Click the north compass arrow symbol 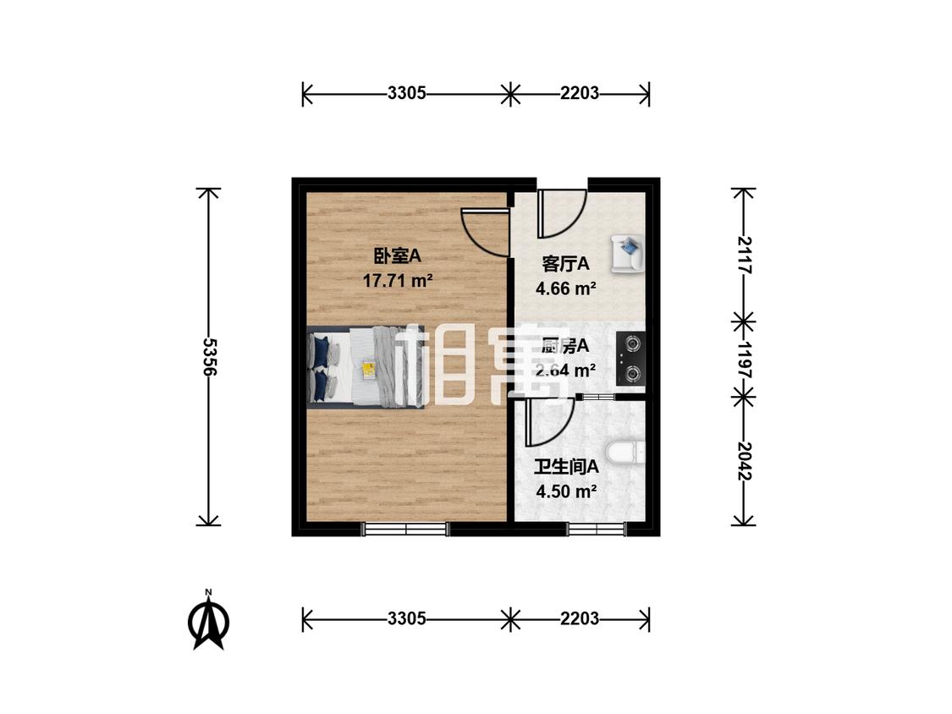pos(207,621)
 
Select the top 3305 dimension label pos(406,94)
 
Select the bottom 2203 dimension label pos(580,619)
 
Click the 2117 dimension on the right pos(743,253)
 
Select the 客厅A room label pos(565,264)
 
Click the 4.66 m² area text pos(565,288)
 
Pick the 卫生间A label pos(566,465)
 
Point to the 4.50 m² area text pos(566,491)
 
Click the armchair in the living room pos(627,252)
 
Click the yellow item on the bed pos(369,369)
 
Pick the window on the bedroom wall pos(405,530)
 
